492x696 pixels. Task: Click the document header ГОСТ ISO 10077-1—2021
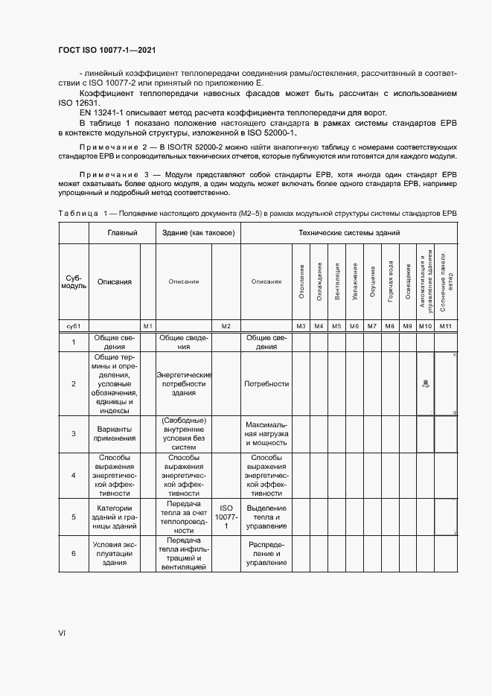(x=106, y=51)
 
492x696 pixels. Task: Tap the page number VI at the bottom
(x=63, y=633)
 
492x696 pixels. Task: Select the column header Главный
(x=122, y=233)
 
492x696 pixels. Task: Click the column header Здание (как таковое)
(x=199, y=233)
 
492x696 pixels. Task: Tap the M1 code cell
(x=147, y=325)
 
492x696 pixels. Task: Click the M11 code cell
(x=445, y=325)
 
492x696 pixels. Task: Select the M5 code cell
(x=336, y=325)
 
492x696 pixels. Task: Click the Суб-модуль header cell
(x=74, y=282)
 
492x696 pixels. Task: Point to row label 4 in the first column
(x=74, y=474)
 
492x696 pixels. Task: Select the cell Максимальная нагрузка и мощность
(x=266, y=432)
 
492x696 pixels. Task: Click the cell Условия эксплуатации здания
(x=114, y=553)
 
